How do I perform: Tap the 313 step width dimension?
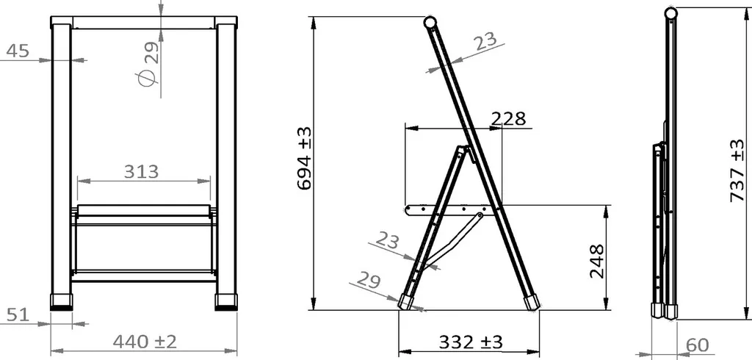tap(141, 171)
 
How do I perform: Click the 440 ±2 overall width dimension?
tap(145, 342)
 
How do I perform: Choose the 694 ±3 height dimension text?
tap(304, 159)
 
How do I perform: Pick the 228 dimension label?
tap(508, 119)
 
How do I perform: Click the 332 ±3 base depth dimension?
tap(470, 342)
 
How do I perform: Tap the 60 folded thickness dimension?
tap(698, 345)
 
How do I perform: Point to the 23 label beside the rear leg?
tap(390, 240)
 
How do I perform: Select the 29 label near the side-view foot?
tap(371, 279)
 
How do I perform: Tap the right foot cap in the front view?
tap(226, 301)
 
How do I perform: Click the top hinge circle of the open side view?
tap(430, 22)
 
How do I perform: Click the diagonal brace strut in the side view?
tap(454, 239)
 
